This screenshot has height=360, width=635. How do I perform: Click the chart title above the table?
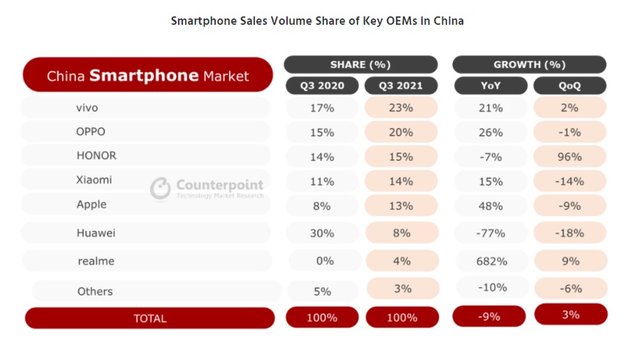coord(317,21)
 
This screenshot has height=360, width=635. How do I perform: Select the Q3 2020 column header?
coord(322,86)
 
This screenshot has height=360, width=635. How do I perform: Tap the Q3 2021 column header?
coord(402,86)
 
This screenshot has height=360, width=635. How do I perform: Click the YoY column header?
coord(491,86)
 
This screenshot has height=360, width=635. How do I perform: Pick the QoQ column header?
coord(569,86)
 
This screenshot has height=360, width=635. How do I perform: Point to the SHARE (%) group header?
coord(360,64)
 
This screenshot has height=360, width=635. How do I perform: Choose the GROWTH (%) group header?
coord(530,64)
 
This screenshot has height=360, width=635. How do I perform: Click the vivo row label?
coord(87,108)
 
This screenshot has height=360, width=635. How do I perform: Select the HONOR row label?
coord(96,155)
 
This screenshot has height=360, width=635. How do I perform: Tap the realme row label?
coord(96,261)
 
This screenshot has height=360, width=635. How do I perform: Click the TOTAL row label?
coord(150,318)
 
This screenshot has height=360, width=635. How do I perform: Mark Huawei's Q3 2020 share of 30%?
coord(322,233)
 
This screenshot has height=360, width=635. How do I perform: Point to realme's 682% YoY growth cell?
coord(491,261)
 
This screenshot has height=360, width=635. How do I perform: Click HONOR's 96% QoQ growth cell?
coord(569,157)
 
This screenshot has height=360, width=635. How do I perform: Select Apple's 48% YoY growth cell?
coord(491,206)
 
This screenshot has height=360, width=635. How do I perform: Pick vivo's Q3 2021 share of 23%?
coord(402,108)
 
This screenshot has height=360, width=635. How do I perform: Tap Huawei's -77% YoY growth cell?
coord(491,233)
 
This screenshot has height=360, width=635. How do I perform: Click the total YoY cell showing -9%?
coord(491,316)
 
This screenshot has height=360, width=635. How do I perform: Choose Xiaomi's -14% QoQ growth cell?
coord(569,181)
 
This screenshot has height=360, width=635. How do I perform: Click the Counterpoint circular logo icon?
coord(160,189)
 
